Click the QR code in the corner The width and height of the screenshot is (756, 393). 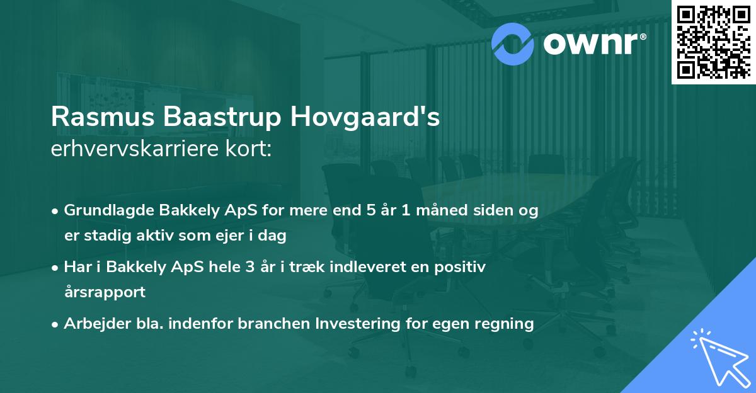[713, 42]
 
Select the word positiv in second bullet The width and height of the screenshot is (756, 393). [463, 267]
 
